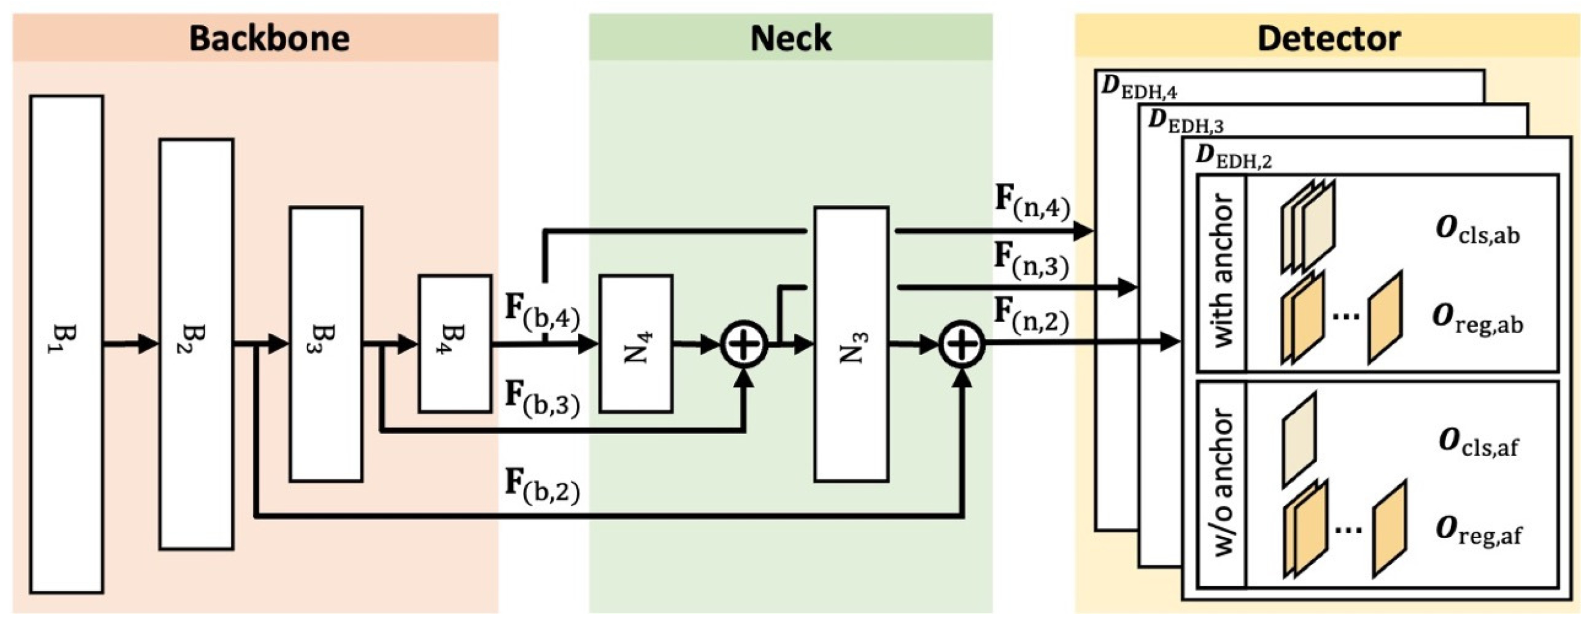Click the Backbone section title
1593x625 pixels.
click(x=269, y=38)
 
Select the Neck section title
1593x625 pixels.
click(x=791, y=38)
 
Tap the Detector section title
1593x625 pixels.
click(x=1328, y=38)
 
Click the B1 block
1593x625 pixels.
click(x=66, y=344)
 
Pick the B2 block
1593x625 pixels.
click(x=196, y=344)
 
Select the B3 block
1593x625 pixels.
click(x=326, y=344)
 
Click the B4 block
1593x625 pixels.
click(x=455, y=344)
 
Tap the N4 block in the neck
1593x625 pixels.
click(x=636, y=344)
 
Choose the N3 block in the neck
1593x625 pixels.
click(x=851, y=344)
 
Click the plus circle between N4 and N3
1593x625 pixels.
click(x=744, y=344)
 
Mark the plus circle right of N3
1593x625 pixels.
click(x=962, y=344)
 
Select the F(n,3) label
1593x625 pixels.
click(x=1032, y=260)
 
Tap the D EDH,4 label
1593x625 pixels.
click(x=1139, y=88)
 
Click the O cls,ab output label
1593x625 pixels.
click(x=1477, y=231)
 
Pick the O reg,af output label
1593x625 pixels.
click(x=1478, y=531)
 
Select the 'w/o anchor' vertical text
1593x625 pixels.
click(x=1222, y=483)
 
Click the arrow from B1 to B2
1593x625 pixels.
click(x=131, y=344)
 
